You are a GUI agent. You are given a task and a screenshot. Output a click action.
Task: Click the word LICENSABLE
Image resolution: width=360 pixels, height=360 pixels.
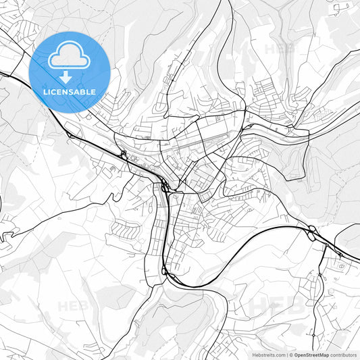pyautogui.click(x=70, y=91)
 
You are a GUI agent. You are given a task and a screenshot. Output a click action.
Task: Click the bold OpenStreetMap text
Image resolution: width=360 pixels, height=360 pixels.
pyautogui.click(x=310, y=354)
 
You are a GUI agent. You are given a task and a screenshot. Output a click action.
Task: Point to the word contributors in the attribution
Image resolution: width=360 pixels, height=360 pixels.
pyautogui.click(x=344, y=354)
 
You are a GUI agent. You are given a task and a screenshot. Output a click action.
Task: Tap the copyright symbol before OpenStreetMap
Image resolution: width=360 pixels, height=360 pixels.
pyautogui.click(x=291, y=354)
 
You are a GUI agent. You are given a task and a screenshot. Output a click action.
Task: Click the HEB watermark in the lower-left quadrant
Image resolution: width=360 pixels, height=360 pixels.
pyautogui.click(x=72, y=306)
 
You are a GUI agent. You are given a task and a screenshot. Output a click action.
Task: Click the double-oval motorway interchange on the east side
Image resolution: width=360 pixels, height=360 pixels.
pyautogui.click(x=312, y=233)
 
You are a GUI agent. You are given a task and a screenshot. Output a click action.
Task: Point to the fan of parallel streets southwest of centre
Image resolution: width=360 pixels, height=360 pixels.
pyautogui.click(x=125, y=230)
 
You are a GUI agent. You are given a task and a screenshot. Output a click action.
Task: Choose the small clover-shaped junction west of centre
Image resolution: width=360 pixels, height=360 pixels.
pyautogui.click(x=124, y=155)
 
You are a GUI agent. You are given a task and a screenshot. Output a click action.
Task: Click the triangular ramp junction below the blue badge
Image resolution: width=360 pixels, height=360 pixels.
pyautogui.click(x=70, y=136)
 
